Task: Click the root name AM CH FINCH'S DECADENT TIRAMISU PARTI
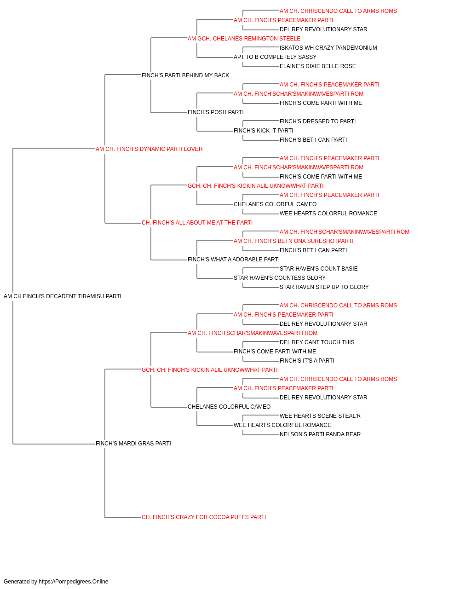click(62, 296)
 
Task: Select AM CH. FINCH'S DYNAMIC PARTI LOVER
click(149, 149)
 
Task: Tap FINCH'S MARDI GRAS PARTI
click(133, 444)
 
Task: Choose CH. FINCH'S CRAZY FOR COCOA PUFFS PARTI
click(204, 517)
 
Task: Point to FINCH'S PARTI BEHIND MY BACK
click(185, 75)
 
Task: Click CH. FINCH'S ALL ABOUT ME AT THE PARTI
click(197, 223)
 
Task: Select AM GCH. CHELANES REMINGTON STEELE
click(244, 39)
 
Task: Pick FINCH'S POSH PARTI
click(216, 112)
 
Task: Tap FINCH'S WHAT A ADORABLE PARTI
click(234, 260)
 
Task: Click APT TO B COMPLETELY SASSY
click(275, 57)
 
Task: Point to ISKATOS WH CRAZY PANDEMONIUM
click(328, 48)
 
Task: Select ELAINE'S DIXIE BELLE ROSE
click(318, 66)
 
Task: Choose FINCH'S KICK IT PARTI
click(263, 131)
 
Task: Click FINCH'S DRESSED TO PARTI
click(317, 121)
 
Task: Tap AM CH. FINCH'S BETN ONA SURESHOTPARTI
click(293, 241)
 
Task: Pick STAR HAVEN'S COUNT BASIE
click(319, 269)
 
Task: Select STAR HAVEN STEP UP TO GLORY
click(324, 287)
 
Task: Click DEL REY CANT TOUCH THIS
click(317, 342)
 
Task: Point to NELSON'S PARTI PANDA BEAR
click(320, 434)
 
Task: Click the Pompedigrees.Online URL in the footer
click(74, 582)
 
